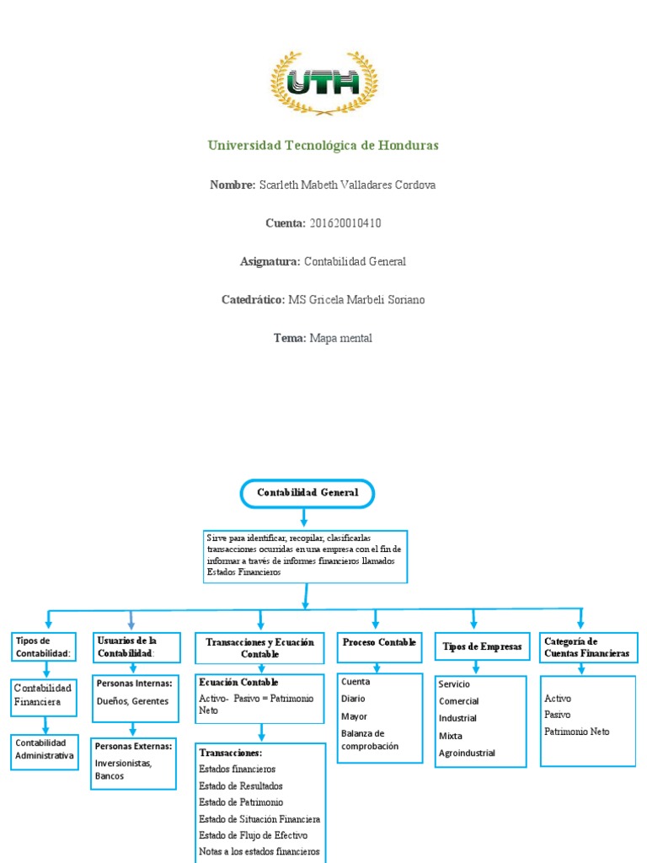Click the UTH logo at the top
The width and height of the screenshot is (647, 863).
point(323,83)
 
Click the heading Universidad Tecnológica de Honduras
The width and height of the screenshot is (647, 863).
point(323,146)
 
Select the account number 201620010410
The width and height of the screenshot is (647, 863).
point(345,223)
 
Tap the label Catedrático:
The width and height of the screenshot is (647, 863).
point(253,300)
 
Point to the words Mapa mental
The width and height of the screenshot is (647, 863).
point(340,338)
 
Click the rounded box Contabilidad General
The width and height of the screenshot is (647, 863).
point(307,494)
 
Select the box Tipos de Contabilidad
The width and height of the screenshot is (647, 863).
point(45,647)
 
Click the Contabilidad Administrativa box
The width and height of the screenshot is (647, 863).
point(45,749)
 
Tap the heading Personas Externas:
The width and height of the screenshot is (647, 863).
point(134,747)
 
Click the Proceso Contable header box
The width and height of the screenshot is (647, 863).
point(379,643)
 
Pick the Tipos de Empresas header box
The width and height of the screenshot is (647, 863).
point(482,646)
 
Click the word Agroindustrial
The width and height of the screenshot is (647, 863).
point(467,753)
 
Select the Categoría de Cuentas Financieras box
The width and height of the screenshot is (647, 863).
point(587,647)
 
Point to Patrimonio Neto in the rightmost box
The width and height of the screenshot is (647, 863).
point(577,732)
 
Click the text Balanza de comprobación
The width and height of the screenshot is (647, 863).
point(369,740)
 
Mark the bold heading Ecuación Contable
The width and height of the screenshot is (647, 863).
point(238,682)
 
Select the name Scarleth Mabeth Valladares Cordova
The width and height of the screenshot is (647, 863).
point(347,185)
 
